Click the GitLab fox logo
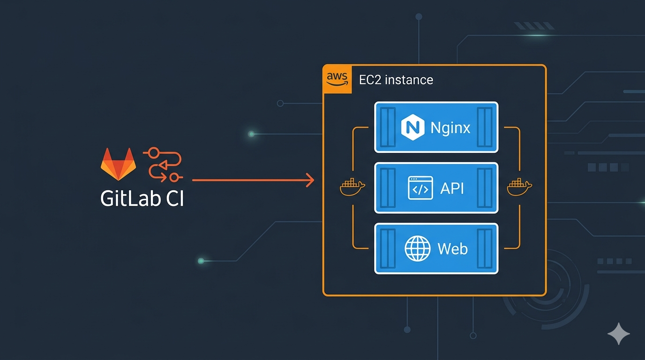tap(118, 164)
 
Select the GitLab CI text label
tap(142, 199)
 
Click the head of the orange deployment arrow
tap(310, 180)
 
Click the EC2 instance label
tap(396, 80)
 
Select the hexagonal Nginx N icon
tap(412, 127)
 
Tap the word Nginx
tap(450, 127)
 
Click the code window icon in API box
tap(420, 188)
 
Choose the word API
tap(452, 188)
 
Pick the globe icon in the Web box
tap(417, 248)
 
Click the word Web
tap(452, 248)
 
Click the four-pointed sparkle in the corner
tap(618, 334)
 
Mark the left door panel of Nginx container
tap(388, 127)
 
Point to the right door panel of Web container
tap(484, 248)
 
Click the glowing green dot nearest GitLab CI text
tap(201, 261)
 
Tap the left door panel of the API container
tap(388, 188)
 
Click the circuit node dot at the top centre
tap(419, 17)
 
